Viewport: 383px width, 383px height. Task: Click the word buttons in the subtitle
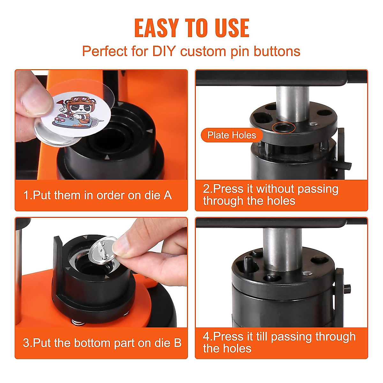pyautogui.click(x=277, y=51)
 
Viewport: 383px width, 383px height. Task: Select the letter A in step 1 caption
pyautogui.click(x=168, y=195)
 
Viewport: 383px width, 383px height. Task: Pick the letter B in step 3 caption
pyautogui.click(x=177, y=343)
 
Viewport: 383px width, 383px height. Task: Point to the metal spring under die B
pyautogui.click(x=78, y=322)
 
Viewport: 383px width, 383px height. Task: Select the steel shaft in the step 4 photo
pyautogui.click(x=282, y=249)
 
